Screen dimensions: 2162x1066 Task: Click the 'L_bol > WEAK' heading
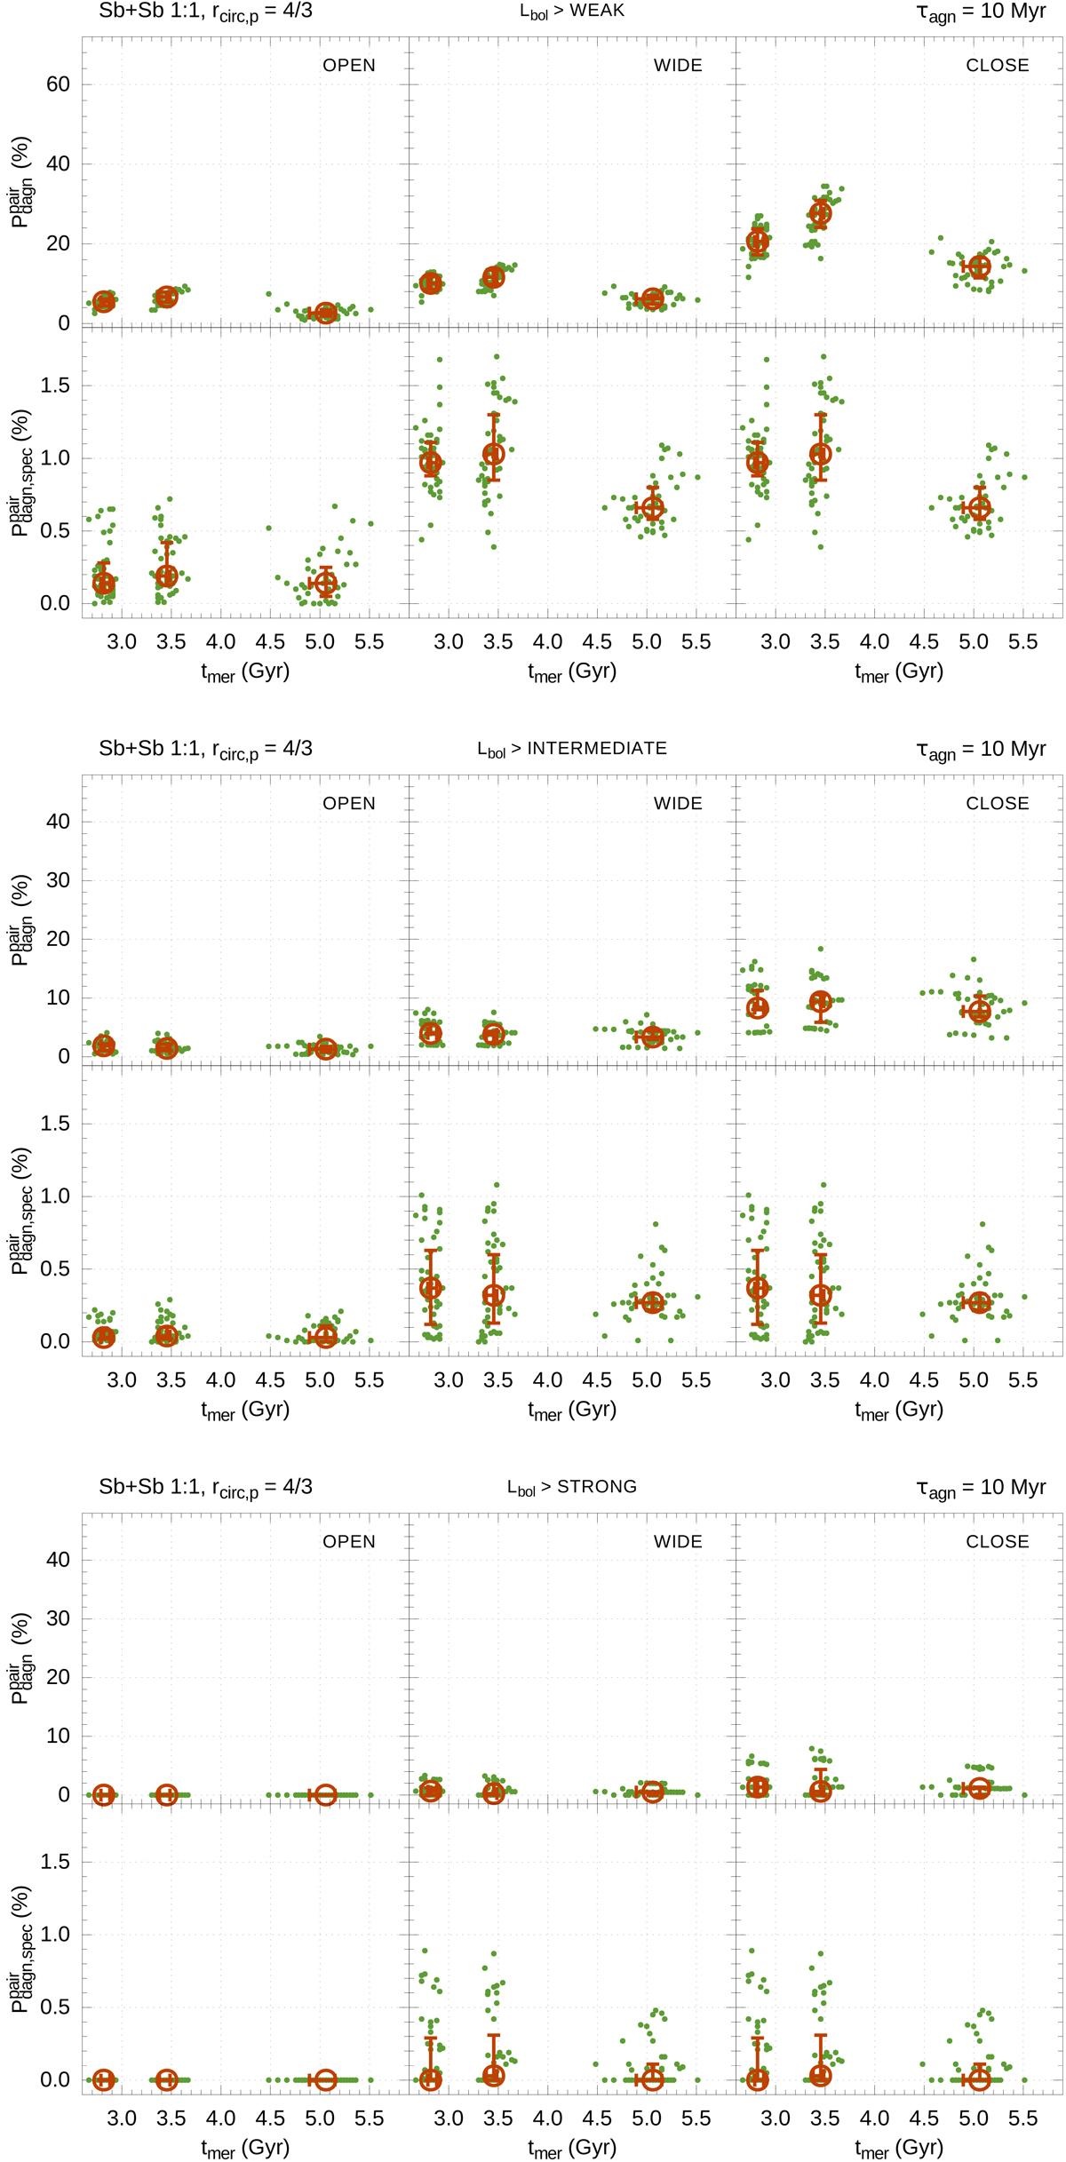(x=572, y=12)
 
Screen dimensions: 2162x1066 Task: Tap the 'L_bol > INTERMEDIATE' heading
(x=572, y=749)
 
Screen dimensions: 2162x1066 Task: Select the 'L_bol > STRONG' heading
(x=572, y=1487)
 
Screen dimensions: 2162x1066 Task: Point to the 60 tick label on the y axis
(x=58, y=84)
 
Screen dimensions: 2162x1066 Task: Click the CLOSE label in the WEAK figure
(x=998, y=66)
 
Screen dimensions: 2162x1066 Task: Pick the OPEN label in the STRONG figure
(x=349, y=1542)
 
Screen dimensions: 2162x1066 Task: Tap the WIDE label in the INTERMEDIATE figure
(x=678, y=804)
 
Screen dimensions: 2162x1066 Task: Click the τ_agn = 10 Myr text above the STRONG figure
(x=981, y=1488)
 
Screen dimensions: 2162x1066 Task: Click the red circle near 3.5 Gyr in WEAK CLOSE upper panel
(x=821, y=213)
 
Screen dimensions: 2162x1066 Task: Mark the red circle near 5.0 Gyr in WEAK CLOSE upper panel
(x=980, y=266)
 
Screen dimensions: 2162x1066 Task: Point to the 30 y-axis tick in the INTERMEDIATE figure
(x=58, y=880)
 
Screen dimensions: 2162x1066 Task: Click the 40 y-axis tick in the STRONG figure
(x=58, y=1560)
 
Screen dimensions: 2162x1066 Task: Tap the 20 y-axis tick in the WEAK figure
(x=58, y=243)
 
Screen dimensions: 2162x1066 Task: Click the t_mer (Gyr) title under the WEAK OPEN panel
(x=245, y=672)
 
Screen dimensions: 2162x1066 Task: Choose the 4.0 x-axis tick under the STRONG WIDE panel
(x=548, y=2118)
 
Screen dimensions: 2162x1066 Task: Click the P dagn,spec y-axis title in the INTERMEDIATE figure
(x=21, y=1211)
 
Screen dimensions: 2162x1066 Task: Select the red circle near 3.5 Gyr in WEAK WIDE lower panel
(x=494, y=454)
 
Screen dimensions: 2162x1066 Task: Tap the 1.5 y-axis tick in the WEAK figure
(x=55, y=386)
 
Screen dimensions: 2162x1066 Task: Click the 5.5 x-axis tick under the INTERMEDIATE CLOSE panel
(x=1023, y=1380)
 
